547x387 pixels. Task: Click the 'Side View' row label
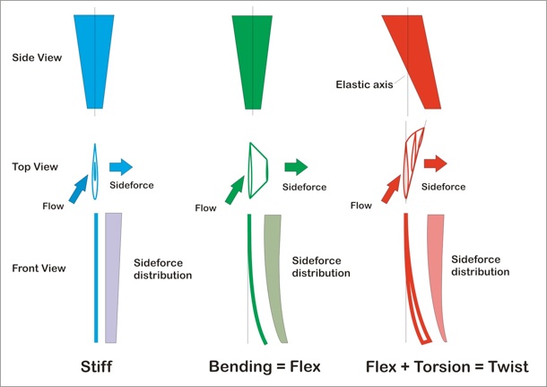[37, 57]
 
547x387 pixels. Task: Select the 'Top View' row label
[35, 167]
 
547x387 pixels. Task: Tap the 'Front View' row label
[39, 268]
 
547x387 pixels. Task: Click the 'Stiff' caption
[96, 366]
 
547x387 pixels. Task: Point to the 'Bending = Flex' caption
[265, 366]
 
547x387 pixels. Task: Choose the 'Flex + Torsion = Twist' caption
[447, 366]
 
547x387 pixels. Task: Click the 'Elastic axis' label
[364, 84]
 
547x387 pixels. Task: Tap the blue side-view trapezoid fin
[94, 61]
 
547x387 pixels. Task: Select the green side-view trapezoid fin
[252, 62]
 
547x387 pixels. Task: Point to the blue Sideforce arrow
[121, 167]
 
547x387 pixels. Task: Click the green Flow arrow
[235, 189]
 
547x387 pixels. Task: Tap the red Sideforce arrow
[436, 163]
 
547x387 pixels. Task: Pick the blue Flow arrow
[79, 189]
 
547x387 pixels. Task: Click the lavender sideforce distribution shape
[113, 277]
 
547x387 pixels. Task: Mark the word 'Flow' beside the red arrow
[361, 206]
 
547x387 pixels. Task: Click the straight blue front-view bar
[96, 277]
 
